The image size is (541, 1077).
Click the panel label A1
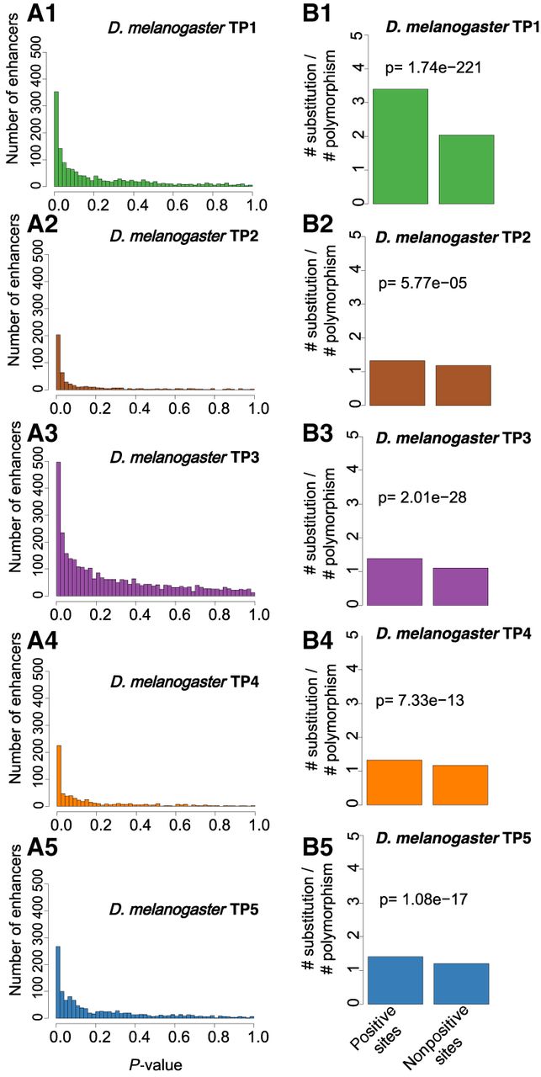(x=41, y=13)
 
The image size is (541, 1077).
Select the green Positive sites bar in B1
(x=400, y=146)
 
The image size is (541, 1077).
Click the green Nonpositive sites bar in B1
(x=466, y=169)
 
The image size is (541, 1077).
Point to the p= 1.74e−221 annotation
(x=432, y=68)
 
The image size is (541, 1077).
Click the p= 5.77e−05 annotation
(x=422, y=283)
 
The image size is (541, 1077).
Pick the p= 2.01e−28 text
(x=422, y=497)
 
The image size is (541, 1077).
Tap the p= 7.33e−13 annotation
(x=419, y=700)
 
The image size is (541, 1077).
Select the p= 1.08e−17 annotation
(x=423, y=899)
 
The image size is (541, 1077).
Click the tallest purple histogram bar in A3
(x=59, y=529)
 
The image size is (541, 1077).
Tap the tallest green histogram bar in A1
(x=56, y=139)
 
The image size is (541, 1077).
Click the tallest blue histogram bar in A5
(x=58, y=982)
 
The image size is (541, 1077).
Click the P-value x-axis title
(x=155, y=1065)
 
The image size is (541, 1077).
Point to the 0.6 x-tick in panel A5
(x=179, y=1036)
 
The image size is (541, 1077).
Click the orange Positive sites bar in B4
(x=395, y=783)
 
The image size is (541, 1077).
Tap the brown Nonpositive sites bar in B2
(x=463, y=385)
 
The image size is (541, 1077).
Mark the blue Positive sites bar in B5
(x=395, y=980)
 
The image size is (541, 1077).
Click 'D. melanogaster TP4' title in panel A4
(x=184, y=682)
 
